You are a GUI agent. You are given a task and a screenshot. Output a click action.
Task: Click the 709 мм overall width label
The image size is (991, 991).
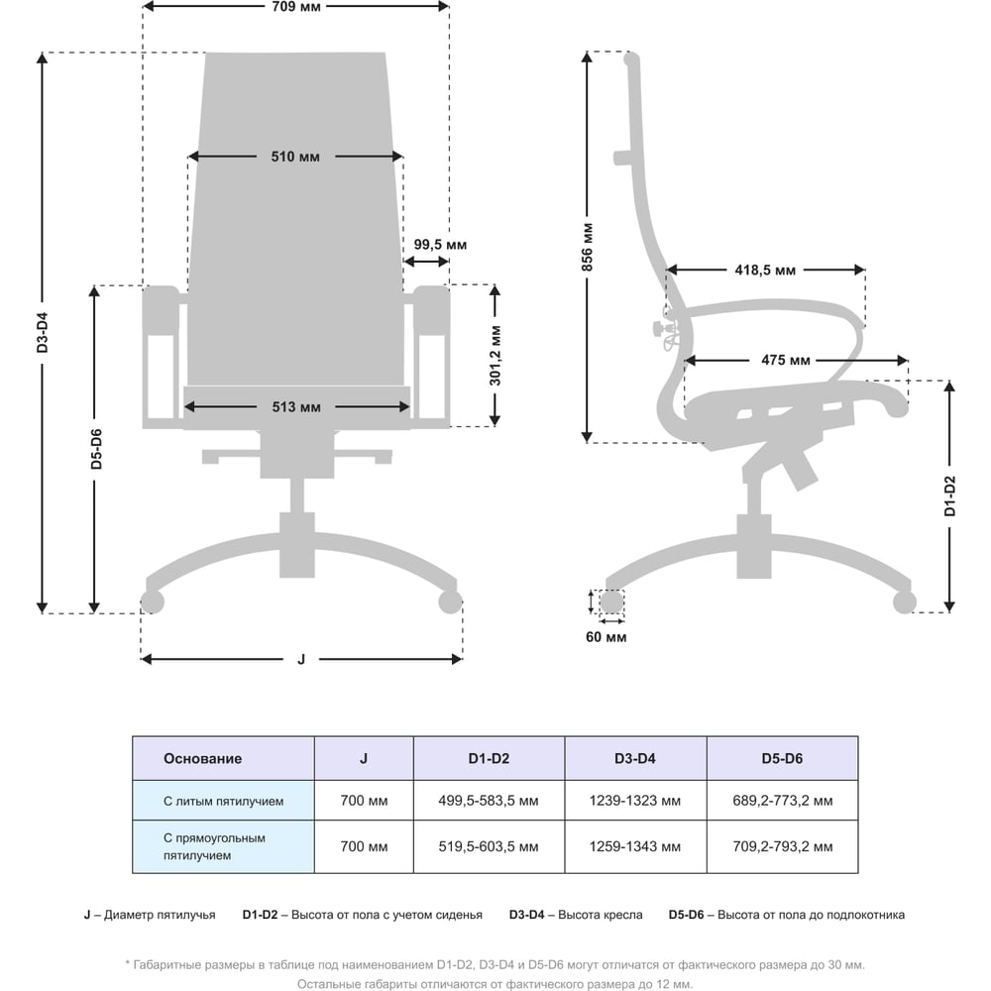(295, 7)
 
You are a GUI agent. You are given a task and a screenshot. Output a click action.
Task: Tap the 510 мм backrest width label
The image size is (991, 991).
(295, 157)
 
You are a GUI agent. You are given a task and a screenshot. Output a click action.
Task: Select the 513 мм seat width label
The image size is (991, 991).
(296, 407)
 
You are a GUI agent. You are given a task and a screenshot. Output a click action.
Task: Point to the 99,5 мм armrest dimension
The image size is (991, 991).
(440, 245)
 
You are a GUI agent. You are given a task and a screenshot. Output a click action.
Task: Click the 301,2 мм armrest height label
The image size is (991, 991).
(495, 356)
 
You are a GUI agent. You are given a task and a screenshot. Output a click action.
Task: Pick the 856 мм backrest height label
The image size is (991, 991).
(587, 247)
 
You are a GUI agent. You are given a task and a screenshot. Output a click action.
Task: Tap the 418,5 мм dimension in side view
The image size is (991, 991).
(765, 270)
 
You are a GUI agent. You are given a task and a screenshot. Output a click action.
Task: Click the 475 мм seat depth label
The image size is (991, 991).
(786, 361)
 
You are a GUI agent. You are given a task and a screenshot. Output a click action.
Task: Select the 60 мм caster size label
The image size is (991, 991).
(606, 637)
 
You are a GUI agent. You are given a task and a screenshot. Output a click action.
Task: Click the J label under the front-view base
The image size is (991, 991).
(301, 659)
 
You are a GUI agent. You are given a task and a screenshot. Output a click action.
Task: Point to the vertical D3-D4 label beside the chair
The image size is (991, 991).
(42, 332)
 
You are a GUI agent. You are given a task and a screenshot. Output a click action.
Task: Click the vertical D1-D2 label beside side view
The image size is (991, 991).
(950, 496)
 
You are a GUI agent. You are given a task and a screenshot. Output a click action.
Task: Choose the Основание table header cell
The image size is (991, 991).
(223, 758)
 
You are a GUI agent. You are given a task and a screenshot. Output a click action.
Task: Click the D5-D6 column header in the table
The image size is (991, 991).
(782, 758)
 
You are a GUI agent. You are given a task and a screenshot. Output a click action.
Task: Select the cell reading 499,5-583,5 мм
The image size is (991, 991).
(489, 801)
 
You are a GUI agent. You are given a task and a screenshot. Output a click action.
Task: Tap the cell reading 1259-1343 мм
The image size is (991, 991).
(635, 847)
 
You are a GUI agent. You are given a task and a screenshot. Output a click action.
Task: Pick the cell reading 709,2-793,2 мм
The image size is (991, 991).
(783, 847)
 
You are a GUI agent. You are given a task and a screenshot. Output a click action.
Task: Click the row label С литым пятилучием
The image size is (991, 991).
(223, 801)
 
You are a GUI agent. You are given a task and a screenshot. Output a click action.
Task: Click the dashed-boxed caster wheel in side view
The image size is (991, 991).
(611, 602)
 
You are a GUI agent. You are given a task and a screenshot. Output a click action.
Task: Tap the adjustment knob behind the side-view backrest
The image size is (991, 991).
(660, 327)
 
